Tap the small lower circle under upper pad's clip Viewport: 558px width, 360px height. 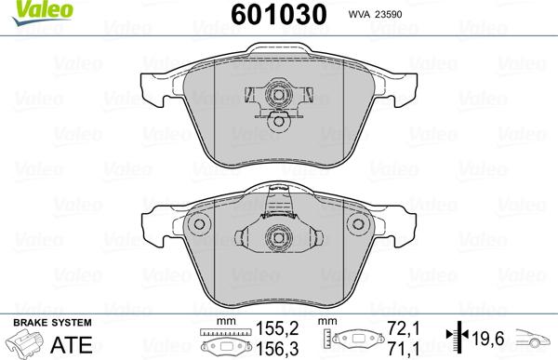coord(278,120)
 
